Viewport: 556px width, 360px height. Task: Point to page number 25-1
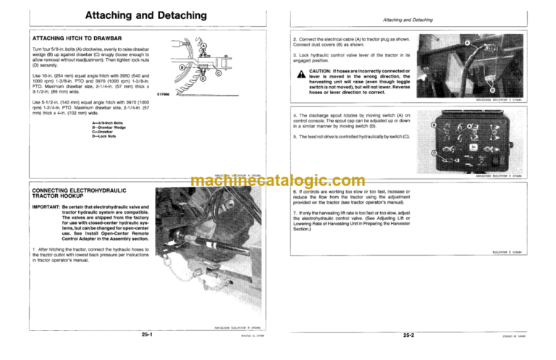tap(151, 335)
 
